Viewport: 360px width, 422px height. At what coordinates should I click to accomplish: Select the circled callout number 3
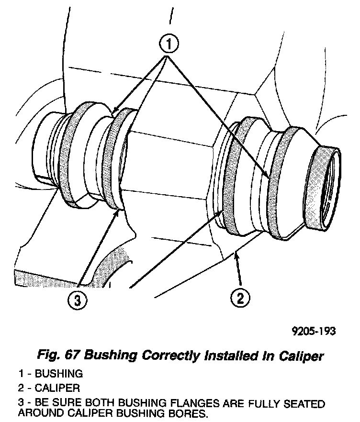click(x=78, y=300)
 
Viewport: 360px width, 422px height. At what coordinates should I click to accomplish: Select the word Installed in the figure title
click(x=224, y=355)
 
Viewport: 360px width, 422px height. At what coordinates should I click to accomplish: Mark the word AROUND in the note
click(x=41, y=412)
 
